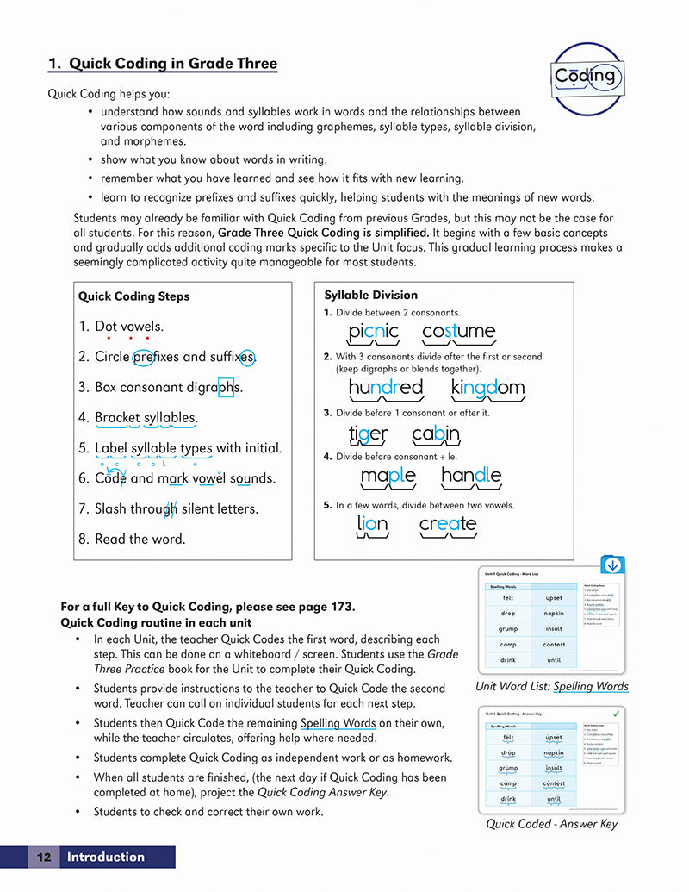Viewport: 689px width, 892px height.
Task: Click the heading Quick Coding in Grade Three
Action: pos(163,64)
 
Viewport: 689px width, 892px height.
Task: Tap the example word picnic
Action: pos(373,332)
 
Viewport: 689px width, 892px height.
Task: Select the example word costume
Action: pos(458,332)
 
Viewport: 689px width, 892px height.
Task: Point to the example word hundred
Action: pos(385,388)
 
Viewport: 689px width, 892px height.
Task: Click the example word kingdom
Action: pos(487,388)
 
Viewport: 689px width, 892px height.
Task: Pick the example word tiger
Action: pos(368,434)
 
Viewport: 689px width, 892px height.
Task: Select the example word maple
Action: pos(388,476)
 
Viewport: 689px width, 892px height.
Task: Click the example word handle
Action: pos(470,476)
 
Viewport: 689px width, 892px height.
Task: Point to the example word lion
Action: pos(372,523)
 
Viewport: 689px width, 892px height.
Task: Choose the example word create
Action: pos(447,523)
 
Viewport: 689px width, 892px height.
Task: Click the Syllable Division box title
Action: pos(370,295)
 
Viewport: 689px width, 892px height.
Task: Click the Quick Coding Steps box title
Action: pos(133,296)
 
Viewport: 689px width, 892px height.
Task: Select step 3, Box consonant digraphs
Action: pos(160,388)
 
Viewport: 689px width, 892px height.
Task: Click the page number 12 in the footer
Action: pos(43,857)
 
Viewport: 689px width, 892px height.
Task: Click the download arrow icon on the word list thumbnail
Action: pos(611,566)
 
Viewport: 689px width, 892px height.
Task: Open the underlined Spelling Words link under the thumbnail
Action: pos(590,687)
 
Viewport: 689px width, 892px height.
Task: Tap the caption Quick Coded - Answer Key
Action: pos(551,824)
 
